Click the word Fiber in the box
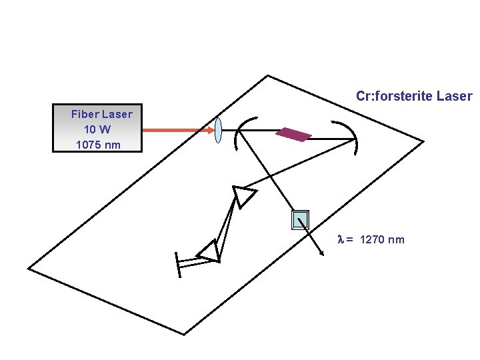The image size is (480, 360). (x=85, y=114)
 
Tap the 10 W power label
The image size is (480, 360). (x=97, y=129)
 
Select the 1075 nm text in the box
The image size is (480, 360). (x=98, y=144)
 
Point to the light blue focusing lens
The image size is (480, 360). (x=218, y=129)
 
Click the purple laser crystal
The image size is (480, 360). (x=293, y=135)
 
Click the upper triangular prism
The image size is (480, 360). (x=243, y=196)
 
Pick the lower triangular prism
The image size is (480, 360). (x=209, y=251)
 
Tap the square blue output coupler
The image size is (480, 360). (x=301, y=219)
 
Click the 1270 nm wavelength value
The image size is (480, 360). (x=381, y=239)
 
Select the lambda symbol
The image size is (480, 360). (x=342, y=239)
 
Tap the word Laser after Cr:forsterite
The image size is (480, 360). (x=454, y=96)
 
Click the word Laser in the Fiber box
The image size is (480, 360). (x=117, y=114)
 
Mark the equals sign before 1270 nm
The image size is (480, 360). (x=350, y=240)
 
